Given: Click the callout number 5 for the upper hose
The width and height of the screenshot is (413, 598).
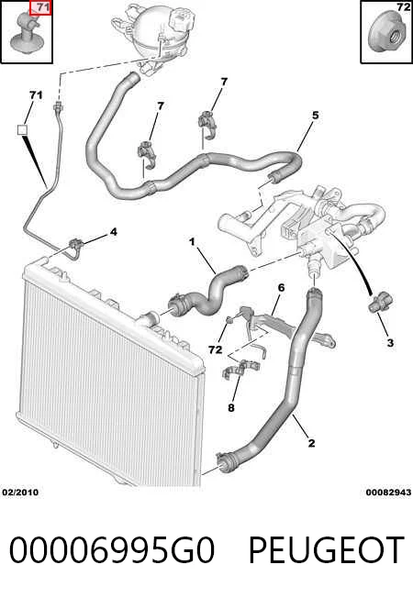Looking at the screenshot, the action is pyautogui.click(x=316, y=116).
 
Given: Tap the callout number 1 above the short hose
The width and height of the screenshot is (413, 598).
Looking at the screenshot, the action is pyautogui.click(x=192, y=242).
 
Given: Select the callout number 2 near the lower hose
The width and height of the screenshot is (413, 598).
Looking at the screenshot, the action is pyautogui.click(x=312, y=443).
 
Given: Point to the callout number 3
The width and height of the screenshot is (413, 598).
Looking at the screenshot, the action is pyautogui.click(x=390, y=343).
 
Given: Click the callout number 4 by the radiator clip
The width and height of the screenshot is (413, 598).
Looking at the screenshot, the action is pyautogui.click(x=114, y=232).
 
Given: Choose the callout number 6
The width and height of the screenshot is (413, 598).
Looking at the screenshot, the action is pyautogui.click(x=282, y=288).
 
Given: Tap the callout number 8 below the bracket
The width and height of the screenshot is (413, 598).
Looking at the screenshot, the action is pyautogui.click(x=231, y=408).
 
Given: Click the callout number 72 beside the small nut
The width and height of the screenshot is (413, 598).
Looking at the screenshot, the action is pyautogui.click(x=216, y=349).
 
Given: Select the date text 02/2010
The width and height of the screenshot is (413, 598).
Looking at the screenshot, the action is pyautogui.click(x=20, y=493).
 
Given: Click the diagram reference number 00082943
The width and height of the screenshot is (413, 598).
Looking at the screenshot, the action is pyautogui.click(x=388, y=493).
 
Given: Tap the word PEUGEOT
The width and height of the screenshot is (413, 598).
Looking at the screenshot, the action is pyautogui.click(x=327, y=550).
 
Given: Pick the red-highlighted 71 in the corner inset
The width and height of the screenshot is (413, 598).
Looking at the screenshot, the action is pyautogui.click(x=40, y=7).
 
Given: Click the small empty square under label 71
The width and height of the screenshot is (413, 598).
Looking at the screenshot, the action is pyautogui.click(x=23, y=130).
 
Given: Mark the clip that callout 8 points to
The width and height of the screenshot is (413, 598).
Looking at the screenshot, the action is pyautogui.click(x=240, y=370).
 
